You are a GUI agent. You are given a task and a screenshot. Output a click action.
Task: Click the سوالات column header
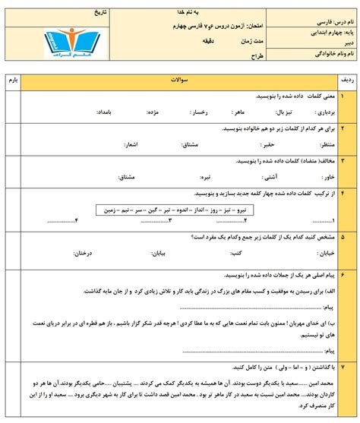pyautogui.click(x=178, y=78)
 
